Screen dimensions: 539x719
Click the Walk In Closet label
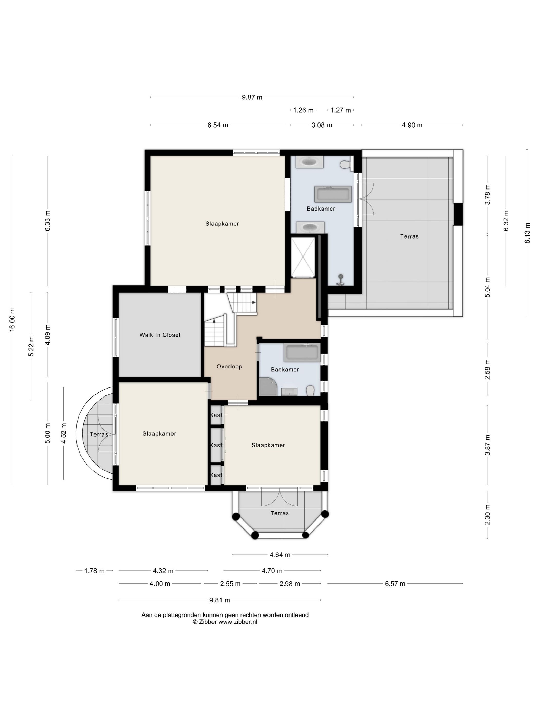coord(160,335)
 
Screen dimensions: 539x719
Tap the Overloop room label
coord(229,367)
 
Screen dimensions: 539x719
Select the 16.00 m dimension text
coord(12,320)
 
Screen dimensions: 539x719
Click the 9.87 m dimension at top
coord(252,97)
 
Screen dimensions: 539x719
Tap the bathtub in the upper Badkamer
coord(333,194)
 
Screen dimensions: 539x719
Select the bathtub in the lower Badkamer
coord(302,353)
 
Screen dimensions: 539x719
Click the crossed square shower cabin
coord(303,257)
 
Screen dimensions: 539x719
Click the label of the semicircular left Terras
coord(99,434)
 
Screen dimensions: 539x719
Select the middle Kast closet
coord(216,445)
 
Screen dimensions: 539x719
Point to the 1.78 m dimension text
coord(94,571)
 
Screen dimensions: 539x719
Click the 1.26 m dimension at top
coord(303,110)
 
